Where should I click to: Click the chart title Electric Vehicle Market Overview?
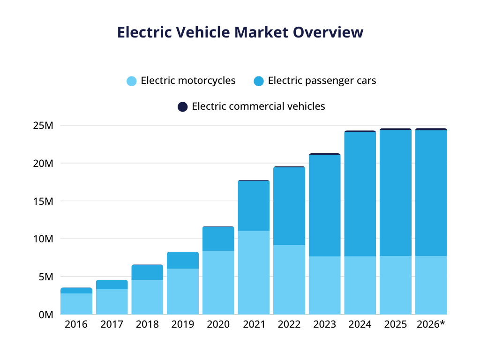tap(240, 32)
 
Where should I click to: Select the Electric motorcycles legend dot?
tap(132, 81)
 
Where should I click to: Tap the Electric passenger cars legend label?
tap(322, 81)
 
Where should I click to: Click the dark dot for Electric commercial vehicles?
tap(183, 107)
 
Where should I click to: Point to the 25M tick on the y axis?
tap(44, 126)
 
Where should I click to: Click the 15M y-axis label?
tap(44, 201)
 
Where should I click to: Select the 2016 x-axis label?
tap(76, 324)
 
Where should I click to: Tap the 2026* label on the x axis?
tap(430, 324)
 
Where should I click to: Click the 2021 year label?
tap(254, 324)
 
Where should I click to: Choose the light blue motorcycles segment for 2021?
tap(254, 272)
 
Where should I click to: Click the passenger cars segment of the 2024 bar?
tap(360, 194)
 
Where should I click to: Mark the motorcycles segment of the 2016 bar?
tap(76, 304)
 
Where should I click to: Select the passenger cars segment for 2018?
tap(147, 272)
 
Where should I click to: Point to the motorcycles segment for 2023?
tap(324, 285)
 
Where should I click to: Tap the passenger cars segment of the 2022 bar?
tap(289, 206)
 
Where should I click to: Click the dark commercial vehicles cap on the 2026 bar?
tap(431, 129)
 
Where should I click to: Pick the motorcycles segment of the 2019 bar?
tap(183, 291)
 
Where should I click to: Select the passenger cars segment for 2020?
tap(218, 239)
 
